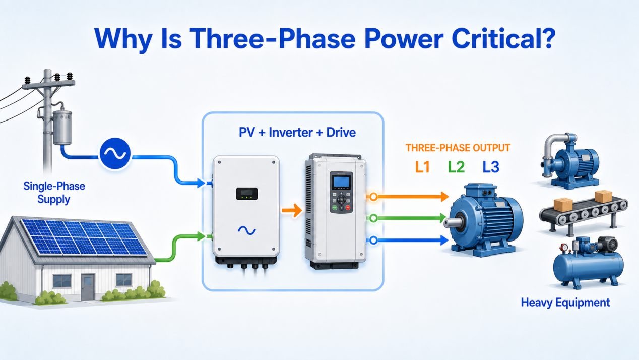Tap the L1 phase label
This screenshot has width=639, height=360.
point(422,167)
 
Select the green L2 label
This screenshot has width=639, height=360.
point(456,167)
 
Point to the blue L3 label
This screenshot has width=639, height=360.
point(491,167)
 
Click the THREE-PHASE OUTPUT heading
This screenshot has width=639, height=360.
point(458,148)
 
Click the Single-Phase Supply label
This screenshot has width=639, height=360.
point(54,193)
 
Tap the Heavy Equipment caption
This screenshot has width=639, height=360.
point(565,303)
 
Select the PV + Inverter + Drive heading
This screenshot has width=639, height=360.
point(297,133)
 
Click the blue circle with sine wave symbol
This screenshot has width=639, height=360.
point(115,154)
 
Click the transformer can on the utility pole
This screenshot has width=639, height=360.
point(62,128)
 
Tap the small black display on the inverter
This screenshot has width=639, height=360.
point(247,194)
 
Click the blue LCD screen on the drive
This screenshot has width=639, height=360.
point(342,182)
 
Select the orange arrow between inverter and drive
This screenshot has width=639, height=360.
point(292,211)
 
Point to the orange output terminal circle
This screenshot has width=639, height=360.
point(373,197)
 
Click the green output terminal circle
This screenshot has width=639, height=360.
point(373,218)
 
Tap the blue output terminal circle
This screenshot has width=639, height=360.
point(373,241)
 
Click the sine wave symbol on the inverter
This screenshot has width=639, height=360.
point(247,230)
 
